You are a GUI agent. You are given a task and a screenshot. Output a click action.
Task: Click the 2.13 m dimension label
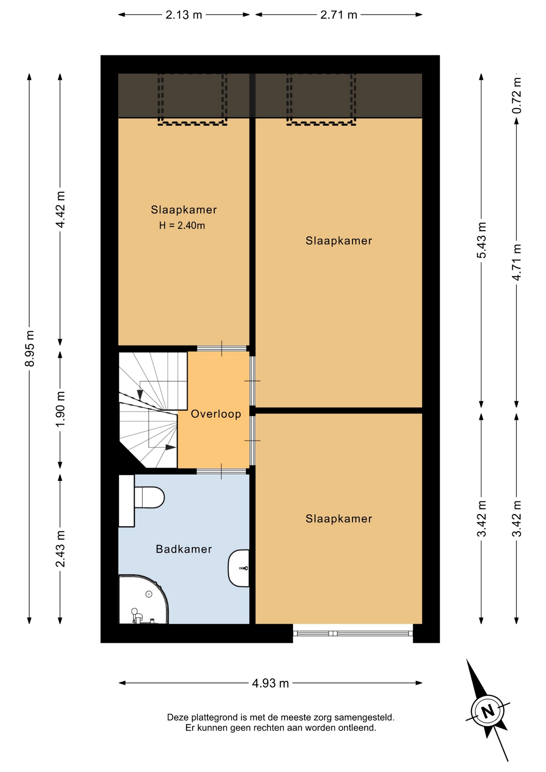click(x=184, y=15)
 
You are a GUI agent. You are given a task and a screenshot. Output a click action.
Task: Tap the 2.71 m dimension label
click(x=339, y=15)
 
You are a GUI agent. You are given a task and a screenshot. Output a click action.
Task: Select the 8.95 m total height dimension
click(x=29, y=348)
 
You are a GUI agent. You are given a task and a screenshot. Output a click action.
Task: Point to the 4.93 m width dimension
click(x=271, y=683)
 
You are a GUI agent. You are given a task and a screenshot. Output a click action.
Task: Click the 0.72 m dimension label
click(x=517, y=95)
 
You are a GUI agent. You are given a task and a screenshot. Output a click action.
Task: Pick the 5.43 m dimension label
click(x=481, y=240)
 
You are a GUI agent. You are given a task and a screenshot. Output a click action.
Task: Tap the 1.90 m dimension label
click(x=60, y=410)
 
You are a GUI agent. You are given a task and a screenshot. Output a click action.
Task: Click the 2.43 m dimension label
click(x=60, y=549)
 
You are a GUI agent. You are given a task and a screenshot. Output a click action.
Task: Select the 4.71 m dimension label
click(x=517, y=262)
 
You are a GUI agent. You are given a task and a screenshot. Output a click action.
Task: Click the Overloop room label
click(x=216, y=414)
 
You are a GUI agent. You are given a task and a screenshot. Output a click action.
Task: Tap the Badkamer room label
click(x=184, y=549)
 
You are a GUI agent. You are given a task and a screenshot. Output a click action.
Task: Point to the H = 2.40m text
click(x=182, y=226)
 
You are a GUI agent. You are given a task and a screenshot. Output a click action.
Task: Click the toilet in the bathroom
click(x=149, y=498)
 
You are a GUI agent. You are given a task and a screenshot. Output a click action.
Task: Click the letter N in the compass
click(x=488, y=711)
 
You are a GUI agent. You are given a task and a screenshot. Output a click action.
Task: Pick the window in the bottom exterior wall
click(x=353, y=633)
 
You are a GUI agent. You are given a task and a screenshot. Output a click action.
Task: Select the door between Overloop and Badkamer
click(x=222, y=471)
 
